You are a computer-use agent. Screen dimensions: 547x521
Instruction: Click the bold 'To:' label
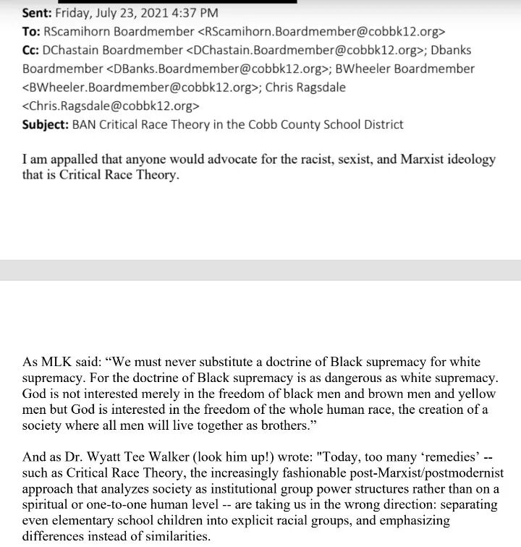32,31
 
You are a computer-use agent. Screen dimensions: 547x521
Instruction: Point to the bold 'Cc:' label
33,50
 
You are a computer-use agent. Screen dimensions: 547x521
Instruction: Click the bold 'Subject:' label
45,124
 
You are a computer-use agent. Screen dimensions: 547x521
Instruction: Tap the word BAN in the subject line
85,124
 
